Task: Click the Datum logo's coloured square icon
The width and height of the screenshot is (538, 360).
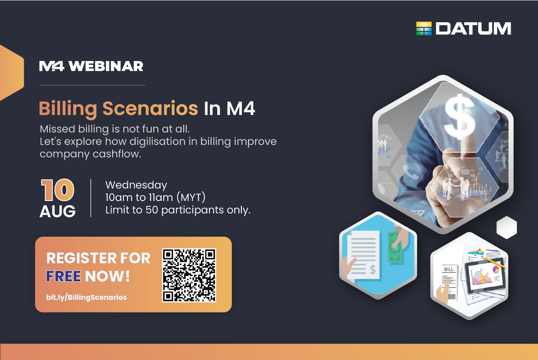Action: [x=424, y=29]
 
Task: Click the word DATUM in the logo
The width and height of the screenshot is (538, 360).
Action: [x=473, y=29]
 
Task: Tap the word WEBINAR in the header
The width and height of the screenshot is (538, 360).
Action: [x=106, y=66]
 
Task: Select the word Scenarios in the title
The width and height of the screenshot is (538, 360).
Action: [x=150, y=108]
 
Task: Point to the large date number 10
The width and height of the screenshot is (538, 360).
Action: [x=58, y=190]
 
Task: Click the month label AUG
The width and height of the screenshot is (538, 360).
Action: [x=58, y=211]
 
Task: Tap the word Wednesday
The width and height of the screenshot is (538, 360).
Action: [x=136, y=185]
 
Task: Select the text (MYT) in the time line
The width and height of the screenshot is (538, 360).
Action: [x=191, y=198]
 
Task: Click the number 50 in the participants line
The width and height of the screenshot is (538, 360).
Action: [x=152, y=210]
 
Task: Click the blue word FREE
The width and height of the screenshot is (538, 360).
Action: [x=64, y=276]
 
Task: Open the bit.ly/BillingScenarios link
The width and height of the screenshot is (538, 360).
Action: [x=86, y=297]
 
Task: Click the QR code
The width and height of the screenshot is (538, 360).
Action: [x=189, y=275]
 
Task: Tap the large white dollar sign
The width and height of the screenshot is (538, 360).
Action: [x=459, y=117]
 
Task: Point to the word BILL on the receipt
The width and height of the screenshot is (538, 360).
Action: [x=449, y=269]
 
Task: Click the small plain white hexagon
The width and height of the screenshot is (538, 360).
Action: [x=506, y=227]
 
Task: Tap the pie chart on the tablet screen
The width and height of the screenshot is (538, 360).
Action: [x=496, y=269]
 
